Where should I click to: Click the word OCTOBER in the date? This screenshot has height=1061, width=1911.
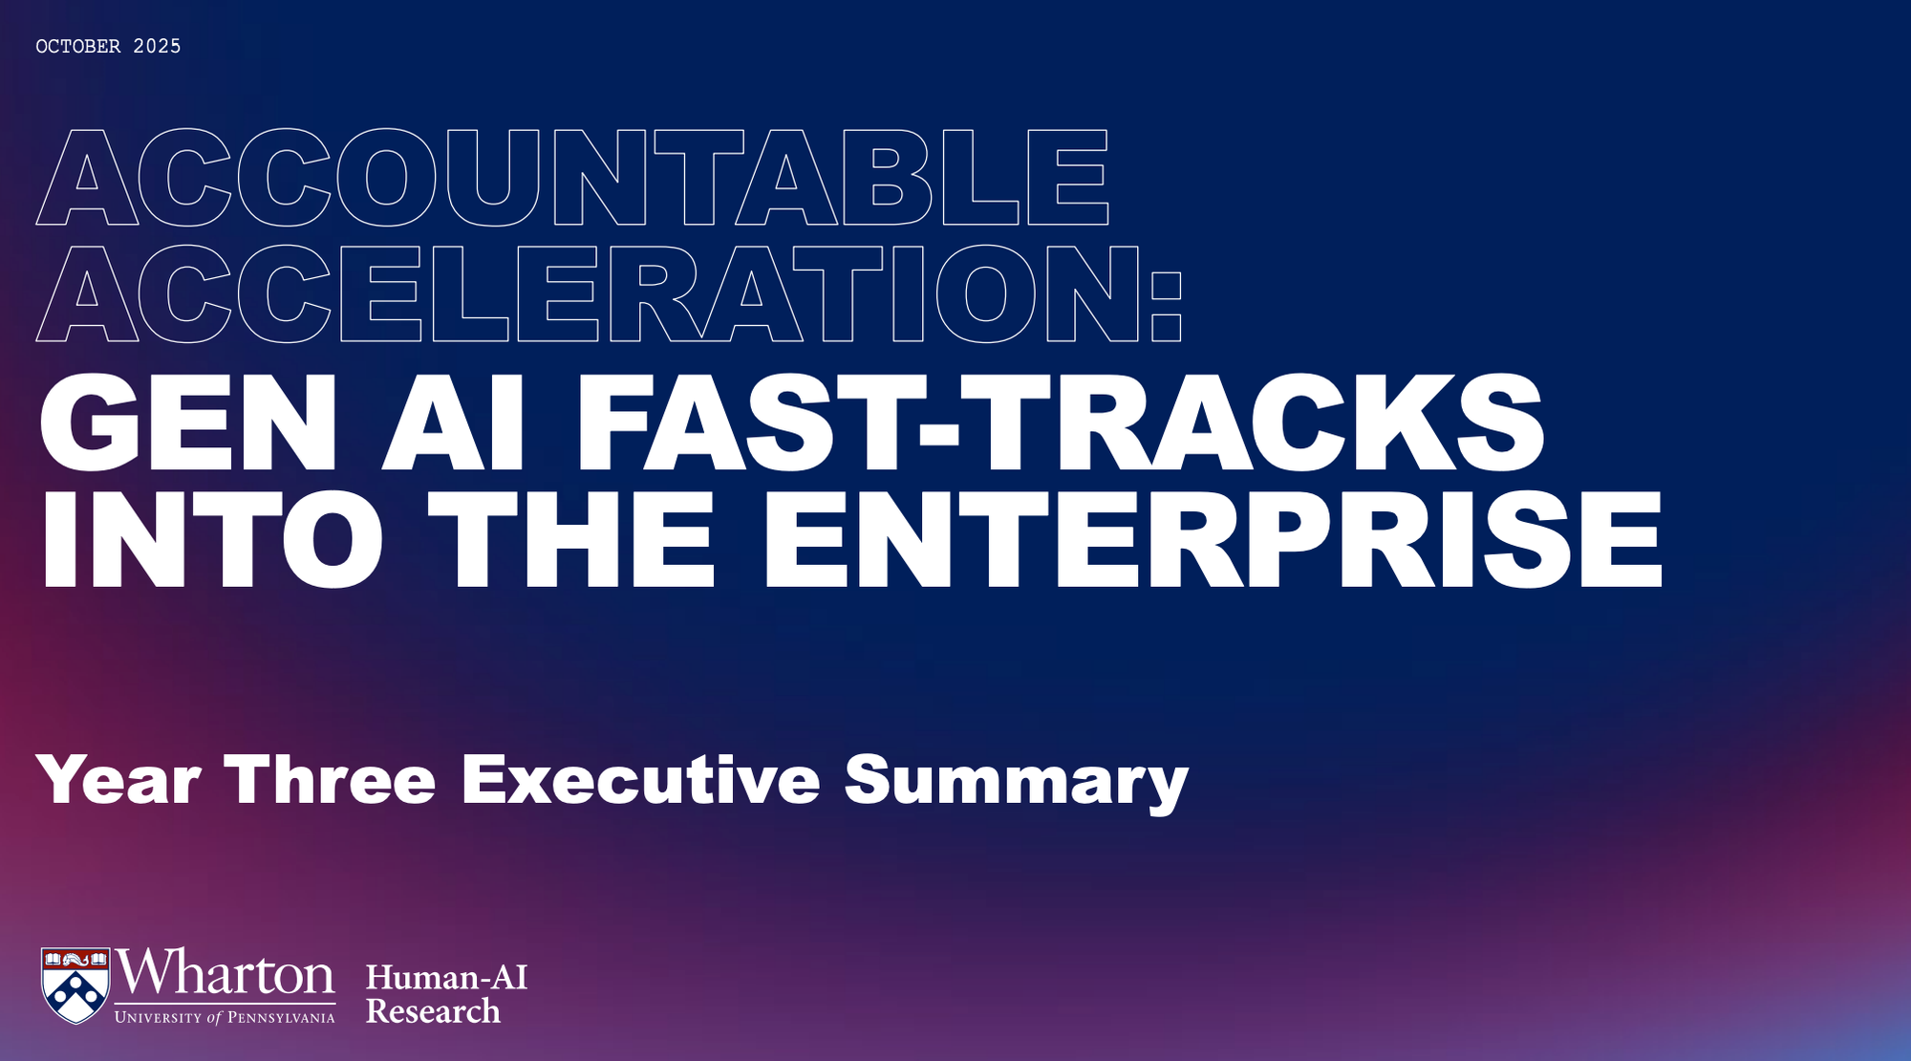tap(78, 46)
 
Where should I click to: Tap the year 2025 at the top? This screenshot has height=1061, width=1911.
tap(157, 46)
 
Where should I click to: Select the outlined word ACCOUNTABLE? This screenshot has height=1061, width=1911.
tap(572, 177)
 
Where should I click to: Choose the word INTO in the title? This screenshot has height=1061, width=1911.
tap(211, 538)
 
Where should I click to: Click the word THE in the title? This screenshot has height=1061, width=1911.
tap(571, 538)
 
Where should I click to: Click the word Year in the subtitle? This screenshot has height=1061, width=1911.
tap(118, 780)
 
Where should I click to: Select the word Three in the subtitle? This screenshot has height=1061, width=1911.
tap(330, 780)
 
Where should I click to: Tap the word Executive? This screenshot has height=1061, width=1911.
tap(641, 780)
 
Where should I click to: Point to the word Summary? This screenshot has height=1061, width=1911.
tap(1017, 783)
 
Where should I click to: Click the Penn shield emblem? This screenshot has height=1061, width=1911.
tap(75, 985)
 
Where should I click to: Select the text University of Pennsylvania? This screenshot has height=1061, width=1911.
tap(225, 1017)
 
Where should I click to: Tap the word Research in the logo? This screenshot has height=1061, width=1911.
tap(433, 1011)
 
